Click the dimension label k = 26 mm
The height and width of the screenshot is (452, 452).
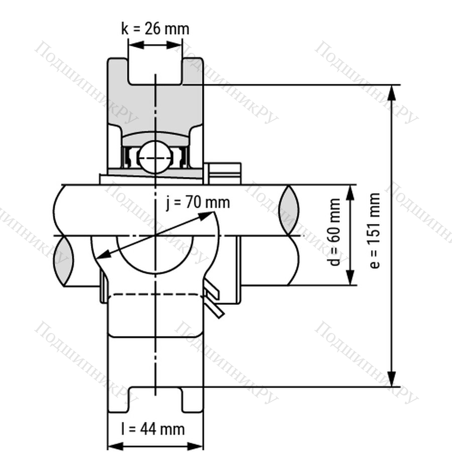tap(155, 29)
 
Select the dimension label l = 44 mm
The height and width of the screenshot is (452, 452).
tap(153, 429)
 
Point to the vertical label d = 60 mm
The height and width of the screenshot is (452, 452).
tap(334, 232)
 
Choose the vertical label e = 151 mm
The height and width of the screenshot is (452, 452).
tap(375, 231)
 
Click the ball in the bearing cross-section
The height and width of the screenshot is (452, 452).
tap(155, 157)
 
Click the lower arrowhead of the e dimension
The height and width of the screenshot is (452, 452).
tap(391, 379)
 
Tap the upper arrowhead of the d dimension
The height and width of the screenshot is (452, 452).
tap(350, 192)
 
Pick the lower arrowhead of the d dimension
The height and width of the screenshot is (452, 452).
tap(350, 277)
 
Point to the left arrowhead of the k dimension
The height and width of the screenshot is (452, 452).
tap(136, 45)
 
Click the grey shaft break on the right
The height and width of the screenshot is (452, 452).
tap(289, 210)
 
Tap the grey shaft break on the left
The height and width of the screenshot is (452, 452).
tap(63, 261)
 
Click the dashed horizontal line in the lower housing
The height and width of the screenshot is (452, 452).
tap(155, 294)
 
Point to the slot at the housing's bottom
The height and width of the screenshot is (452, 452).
tap(156, 399)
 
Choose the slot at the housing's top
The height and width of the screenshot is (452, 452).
tap(155, 71)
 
